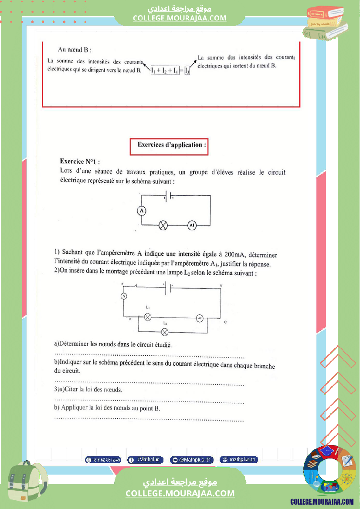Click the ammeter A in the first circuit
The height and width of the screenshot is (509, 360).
tap(141, 211)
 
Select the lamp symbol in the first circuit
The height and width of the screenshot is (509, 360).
tap(163, 225)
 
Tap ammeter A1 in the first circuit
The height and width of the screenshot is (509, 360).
tap(192, 225)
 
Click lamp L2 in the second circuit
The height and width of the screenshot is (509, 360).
tap(165, 332)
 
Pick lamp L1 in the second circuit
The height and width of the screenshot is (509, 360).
tap(148, 317)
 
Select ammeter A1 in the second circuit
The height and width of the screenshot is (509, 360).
tap(200, 318)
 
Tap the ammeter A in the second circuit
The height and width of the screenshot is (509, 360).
tap(123, 296)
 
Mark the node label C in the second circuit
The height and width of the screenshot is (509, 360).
tap(224, 322)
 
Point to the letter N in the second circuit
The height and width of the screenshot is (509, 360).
tap(221, 286)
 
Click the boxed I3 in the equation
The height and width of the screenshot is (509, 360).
tap(187, 70)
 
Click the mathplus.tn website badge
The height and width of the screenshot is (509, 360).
tap(239, 460)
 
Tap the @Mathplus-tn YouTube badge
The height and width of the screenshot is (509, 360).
tap(192, 460)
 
